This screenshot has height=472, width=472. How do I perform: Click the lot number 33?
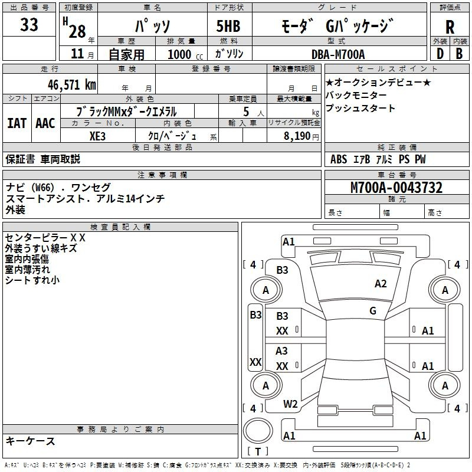coord(29,24)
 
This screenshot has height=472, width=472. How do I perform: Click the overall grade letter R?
coord(450,27)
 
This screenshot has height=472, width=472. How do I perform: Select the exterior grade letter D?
coord(440,54)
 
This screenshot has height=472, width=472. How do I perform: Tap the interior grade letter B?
coord(460,54)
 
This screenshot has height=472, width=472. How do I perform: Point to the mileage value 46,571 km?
coord(72,84)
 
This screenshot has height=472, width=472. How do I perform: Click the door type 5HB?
coord(228,26)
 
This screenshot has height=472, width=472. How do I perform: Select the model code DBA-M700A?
coord(338,54)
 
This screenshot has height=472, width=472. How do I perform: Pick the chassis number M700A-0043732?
coord(396,188)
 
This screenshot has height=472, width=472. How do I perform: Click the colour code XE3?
coord(97,136)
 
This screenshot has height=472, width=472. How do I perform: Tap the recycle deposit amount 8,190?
coord(297,136)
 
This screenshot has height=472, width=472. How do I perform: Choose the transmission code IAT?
coord(17,123)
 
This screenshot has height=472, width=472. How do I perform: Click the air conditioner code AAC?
coord(45,123)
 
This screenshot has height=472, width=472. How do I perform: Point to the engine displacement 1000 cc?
coord(185,54)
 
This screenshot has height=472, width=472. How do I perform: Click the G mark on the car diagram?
coord(373,311)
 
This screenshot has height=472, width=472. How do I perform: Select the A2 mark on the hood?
coord(381,284)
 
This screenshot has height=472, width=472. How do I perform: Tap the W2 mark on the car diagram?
coord(290,404)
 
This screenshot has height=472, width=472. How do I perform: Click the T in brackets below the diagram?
coord(258,451)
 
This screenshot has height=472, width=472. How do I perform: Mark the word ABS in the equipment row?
coord(339,159)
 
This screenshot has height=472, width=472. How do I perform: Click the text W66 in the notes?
coord(44,188)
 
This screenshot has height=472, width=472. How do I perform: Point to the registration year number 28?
coord(77,31)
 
